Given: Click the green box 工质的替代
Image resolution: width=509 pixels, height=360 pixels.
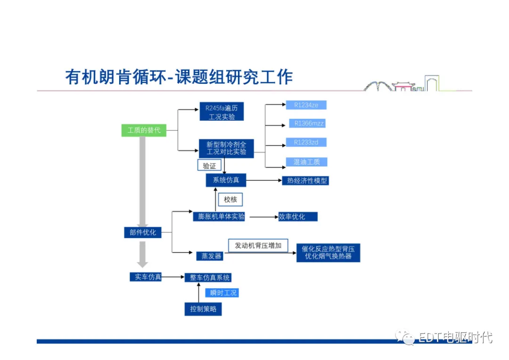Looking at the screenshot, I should coord(144,130).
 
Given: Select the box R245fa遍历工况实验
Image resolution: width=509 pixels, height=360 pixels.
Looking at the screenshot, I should coord(222,112).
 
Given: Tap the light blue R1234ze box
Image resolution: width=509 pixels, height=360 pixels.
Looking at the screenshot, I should coord(306,105).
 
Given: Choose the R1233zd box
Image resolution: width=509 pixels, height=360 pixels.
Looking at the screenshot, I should coord(306,142).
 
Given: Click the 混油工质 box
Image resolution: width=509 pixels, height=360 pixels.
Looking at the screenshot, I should coord(306,162).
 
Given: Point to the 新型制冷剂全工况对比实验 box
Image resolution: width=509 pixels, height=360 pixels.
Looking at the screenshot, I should coord(226,148).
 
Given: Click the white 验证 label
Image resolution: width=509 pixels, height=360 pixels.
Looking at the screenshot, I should coord(209,166).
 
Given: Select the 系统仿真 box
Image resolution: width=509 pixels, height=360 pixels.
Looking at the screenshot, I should coord(226,180).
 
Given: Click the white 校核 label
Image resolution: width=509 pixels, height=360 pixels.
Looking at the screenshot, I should coord(230,200).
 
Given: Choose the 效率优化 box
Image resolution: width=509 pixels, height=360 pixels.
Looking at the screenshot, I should coord(297,217).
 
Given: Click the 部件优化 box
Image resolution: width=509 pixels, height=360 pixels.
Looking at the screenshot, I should coord(143,232).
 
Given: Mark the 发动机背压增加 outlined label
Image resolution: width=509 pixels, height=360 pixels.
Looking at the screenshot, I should coord(258,245).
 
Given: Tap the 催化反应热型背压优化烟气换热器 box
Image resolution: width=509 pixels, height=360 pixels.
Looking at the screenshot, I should coord(328,253).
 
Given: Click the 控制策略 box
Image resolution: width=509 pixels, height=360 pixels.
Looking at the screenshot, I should coord(203,309).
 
